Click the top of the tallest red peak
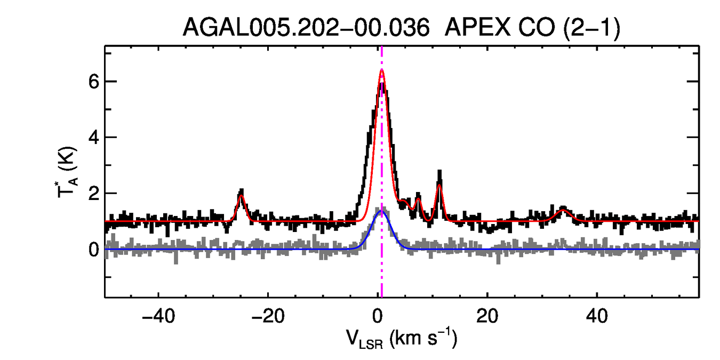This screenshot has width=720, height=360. tap(382, 70)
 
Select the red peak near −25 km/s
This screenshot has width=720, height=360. tap(241, 196)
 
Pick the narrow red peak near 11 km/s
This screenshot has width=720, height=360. tap(439, 185)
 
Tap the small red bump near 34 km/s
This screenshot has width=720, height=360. tap(563, 210)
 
